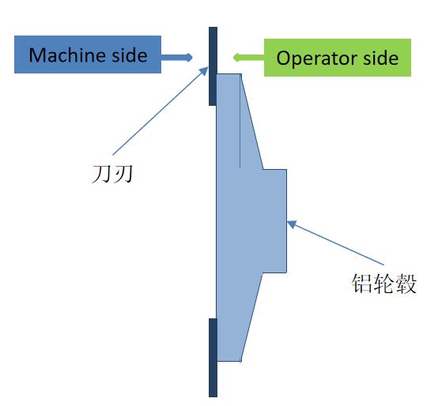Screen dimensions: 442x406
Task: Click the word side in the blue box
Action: click(130, 55)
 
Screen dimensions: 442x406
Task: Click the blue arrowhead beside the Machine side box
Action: click(188, 57)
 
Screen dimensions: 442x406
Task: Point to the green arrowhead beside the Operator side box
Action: click(237, 58)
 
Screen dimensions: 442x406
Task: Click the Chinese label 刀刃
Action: click(112, 174)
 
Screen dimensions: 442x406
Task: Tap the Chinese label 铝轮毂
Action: click(384, 284)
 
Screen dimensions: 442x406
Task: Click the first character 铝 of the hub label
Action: click(362, 284)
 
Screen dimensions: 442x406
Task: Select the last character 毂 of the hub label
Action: click(406, 284)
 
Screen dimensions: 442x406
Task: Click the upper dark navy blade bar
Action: click(213, 66)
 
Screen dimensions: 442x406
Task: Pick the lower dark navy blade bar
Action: click(213, 358)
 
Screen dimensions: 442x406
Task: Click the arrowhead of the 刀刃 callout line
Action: click(204, 71)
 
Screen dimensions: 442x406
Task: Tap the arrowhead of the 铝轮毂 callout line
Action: click(292, 224)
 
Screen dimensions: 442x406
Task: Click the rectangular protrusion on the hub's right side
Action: click(275, 221)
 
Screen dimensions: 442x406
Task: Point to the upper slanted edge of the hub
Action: click(252, 122)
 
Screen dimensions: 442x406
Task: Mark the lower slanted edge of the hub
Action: click(251, 317)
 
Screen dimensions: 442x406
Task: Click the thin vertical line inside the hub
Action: click(240, 121)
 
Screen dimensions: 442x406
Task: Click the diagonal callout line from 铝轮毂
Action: click(335, 243)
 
